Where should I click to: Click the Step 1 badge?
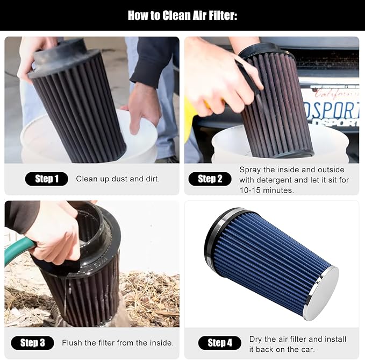point(47,179)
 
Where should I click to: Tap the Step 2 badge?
point(210,179)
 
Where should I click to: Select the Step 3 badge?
point(32,343)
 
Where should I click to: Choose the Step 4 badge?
point(220,343)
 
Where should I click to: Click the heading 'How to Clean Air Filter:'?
point(183,16)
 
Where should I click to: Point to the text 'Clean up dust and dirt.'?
point(118,179)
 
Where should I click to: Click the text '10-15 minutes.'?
point(267,190)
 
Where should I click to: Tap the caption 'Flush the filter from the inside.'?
point(118,343)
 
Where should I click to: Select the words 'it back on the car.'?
point(282,349)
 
